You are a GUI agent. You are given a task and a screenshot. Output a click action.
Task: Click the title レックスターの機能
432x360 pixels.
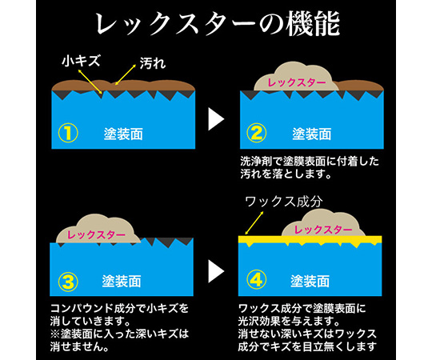click(x=218, y=24)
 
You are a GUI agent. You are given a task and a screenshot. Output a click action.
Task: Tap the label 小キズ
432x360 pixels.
click(x=81, y=61)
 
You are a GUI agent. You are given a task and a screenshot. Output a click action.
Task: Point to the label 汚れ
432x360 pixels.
click(x=153, y=63)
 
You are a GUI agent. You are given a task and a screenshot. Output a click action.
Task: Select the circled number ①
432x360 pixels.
click(x=68, y=133)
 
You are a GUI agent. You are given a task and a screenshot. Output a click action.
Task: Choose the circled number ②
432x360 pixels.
click(x=257, y=133)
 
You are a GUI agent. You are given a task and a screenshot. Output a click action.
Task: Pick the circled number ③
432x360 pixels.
click(x=68, y=282)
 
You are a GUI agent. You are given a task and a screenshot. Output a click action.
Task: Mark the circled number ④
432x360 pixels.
click(x=257, y=280)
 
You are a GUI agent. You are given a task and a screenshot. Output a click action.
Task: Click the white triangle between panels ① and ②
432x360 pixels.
click(x=216, y=119)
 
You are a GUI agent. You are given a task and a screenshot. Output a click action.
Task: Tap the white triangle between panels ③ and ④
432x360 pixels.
click(x=216, y=271)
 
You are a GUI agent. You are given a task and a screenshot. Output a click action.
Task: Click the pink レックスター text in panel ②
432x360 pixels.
click(x=297, y=82)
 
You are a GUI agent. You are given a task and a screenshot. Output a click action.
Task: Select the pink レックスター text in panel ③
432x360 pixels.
click(x=96, y=235)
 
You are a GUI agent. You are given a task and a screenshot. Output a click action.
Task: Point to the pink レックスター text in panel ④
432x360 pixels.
click(x=323, y=230)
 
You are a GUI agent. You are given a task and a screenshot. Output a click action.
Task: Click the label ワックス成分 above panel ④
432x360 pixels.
click(x=284, y=202)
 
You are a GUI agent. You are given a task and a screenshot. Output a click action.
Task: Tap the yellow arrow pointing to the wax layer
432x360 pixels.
click(x=254, y=223)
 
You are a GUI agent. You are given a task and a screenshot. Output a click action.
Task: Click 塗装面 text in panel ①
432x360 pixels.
click(x=123, y=134)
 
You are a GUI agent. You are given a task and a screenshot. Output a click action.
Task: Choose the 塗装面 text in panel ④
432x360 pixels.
click(x=310, y=282)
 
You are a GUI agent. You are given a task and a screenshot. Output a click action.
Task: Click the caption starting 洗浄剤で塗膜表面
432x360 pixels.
click(x=310, y=168)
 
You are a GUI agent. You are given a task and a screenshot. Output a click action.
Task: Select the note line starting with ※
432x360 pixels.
click(x=119, y=334)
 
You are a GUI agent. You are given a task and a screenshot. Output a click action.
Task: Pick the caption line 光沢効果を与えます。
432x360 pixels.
click(x=289, y=321)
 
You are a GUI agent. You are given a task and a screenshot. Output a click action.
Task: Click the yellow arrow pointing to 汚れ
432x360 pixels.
click(x=126, y=74)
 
